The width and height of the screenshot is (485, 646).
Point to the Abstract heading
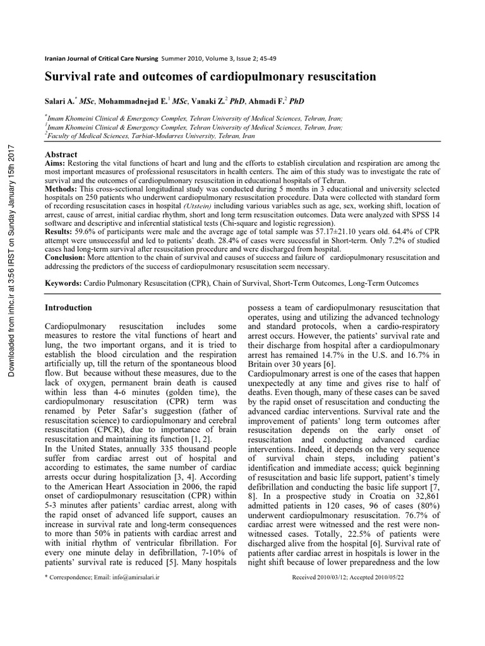(x=61, y=155)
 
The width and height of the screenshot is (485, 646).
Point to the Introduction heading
(x=68, y=308)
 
